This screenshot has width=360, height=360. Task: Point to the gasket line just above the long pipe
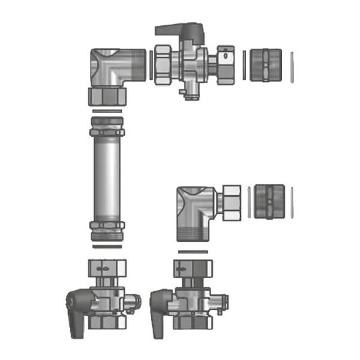click(107, 109)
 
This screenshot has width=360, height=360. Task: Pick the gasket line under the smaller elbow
click(194, 251)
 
